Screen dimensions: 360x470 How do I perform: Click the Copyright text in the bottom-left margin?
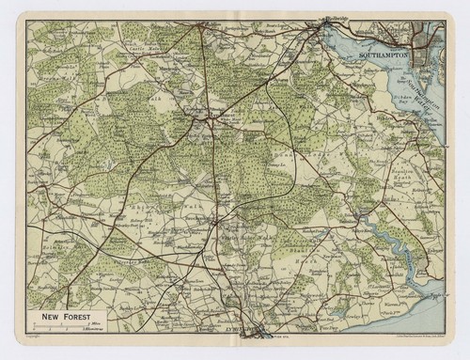click(32, 334)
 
